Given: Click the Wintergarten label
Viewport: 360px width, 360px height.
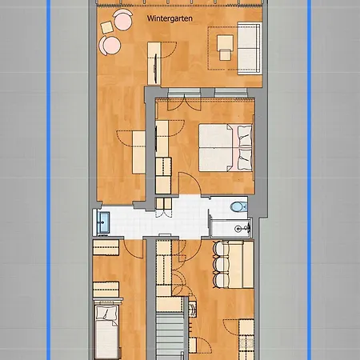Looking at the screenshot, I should pyautogui.click(x=169, y=17).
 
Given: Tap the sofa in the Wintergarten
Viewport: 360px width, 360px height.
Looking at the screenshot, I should pyautogui.click(x=250, y=47).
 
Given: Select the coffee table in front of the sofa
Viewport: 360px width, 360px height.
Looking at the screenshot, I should pyautogui.click(x=224, y=47).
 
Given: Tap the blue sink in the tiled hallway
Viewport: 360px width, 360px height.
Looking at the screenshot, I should pyautogui.click(x=104, y=221).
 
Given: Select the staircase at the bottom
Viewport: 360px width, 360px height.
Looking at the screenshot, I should pyautogui.click(x=170, y=337).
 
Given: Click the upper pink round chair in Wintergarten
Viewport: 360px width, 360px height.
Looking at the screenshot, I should pyautogui.click(x=121, y=20).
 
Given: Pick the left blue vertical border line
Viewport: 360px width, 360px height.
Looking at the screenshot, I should pyautogui.click(x=49, y=180).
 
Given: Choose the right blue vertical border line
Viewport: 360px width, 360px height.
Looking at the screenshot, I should pyautogui.click(x=310, y=180).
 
